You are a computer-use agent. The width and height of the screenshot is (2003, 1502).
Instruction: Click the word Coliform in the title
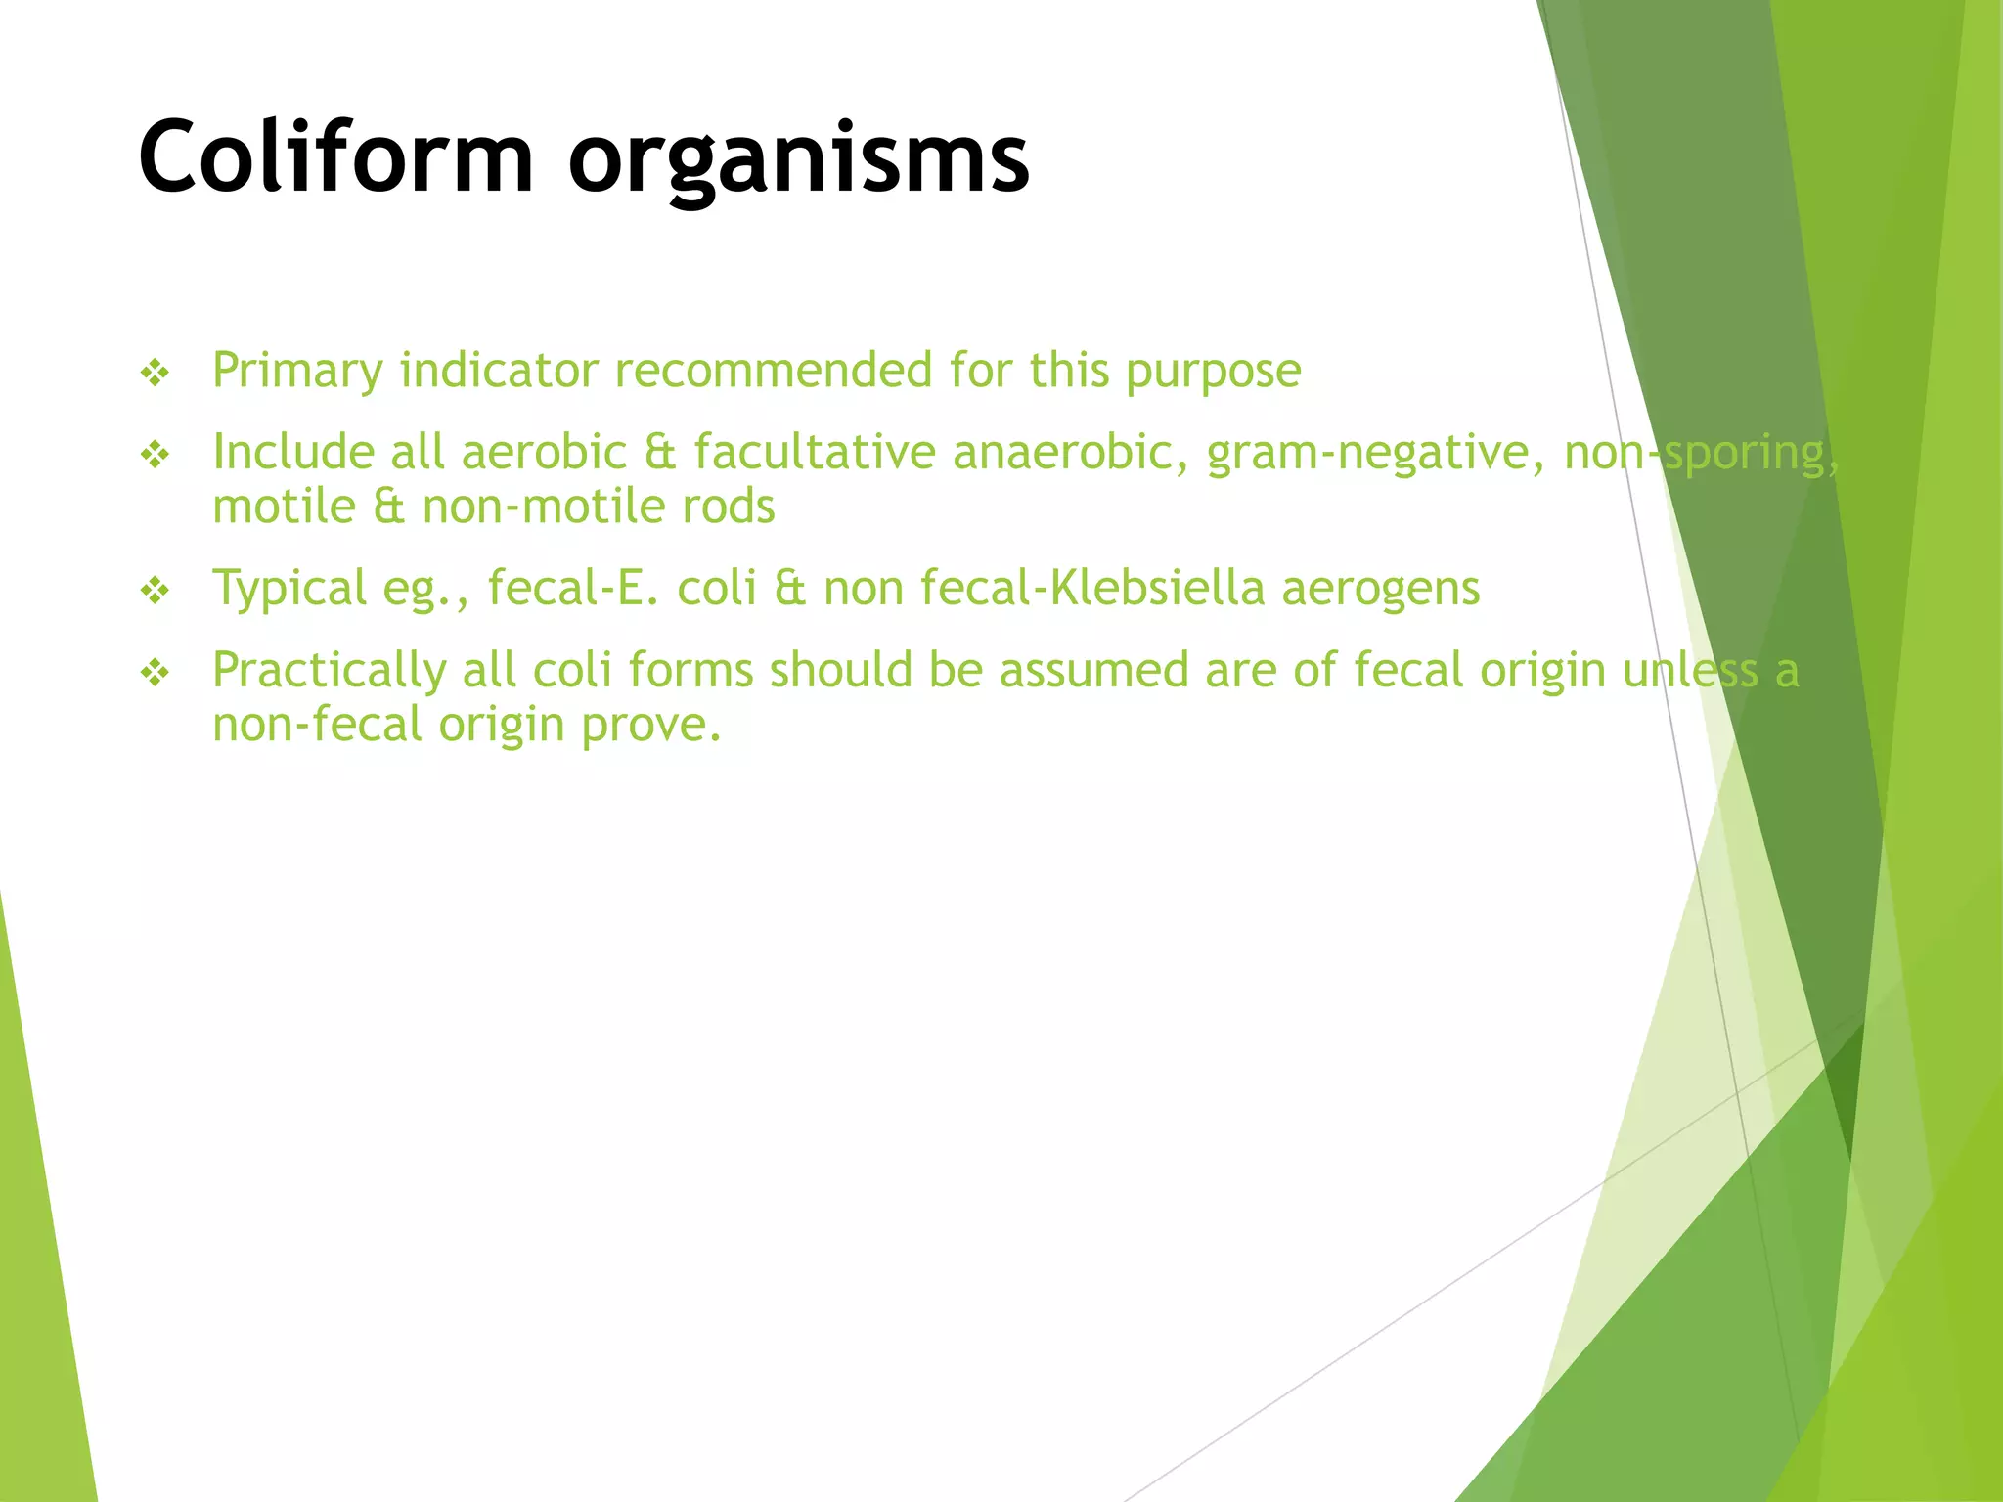click(335, 156)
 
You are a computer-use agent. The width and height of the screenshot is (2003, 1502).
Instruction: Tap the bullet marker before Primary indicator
click(156, 373)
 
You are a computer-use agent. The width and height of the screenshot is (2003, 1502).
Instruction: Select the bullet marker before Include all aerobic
click(156, 455)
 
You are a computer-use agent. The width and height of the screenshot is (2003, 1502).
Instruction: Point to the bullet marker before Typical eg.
click(156, 591)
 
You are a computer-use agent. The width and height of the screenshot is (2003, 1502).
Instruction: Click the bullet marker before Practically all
click(156, 673)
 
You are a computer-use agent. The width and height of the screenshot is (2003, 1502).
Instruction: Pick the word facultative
click(815, 454)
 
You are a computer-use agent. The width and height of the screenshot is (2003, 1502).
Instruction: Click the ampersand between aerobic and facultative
click(661, 454)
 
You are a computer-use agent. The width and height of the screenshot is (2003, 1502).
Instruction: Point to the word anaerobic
click(1070, 453)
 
